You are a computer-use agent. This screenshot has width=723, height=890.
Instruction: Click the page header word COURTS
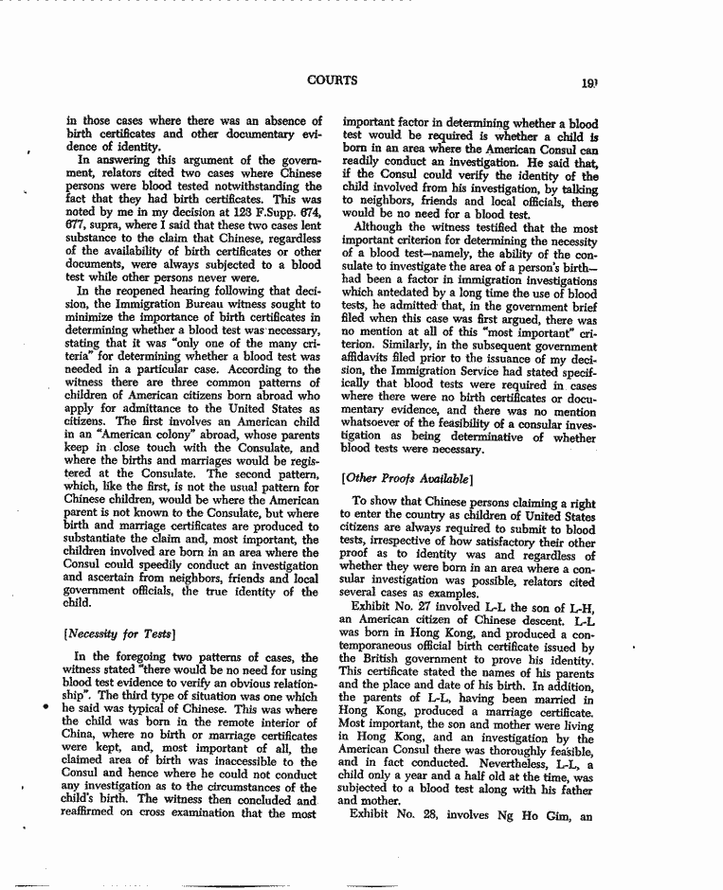coord(332,80)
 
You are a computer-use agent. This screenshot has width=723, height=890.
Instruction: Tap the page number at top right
coord(588,83)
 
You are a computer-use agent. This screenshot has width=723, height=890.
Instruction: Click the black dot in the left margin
coord(44,705)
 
